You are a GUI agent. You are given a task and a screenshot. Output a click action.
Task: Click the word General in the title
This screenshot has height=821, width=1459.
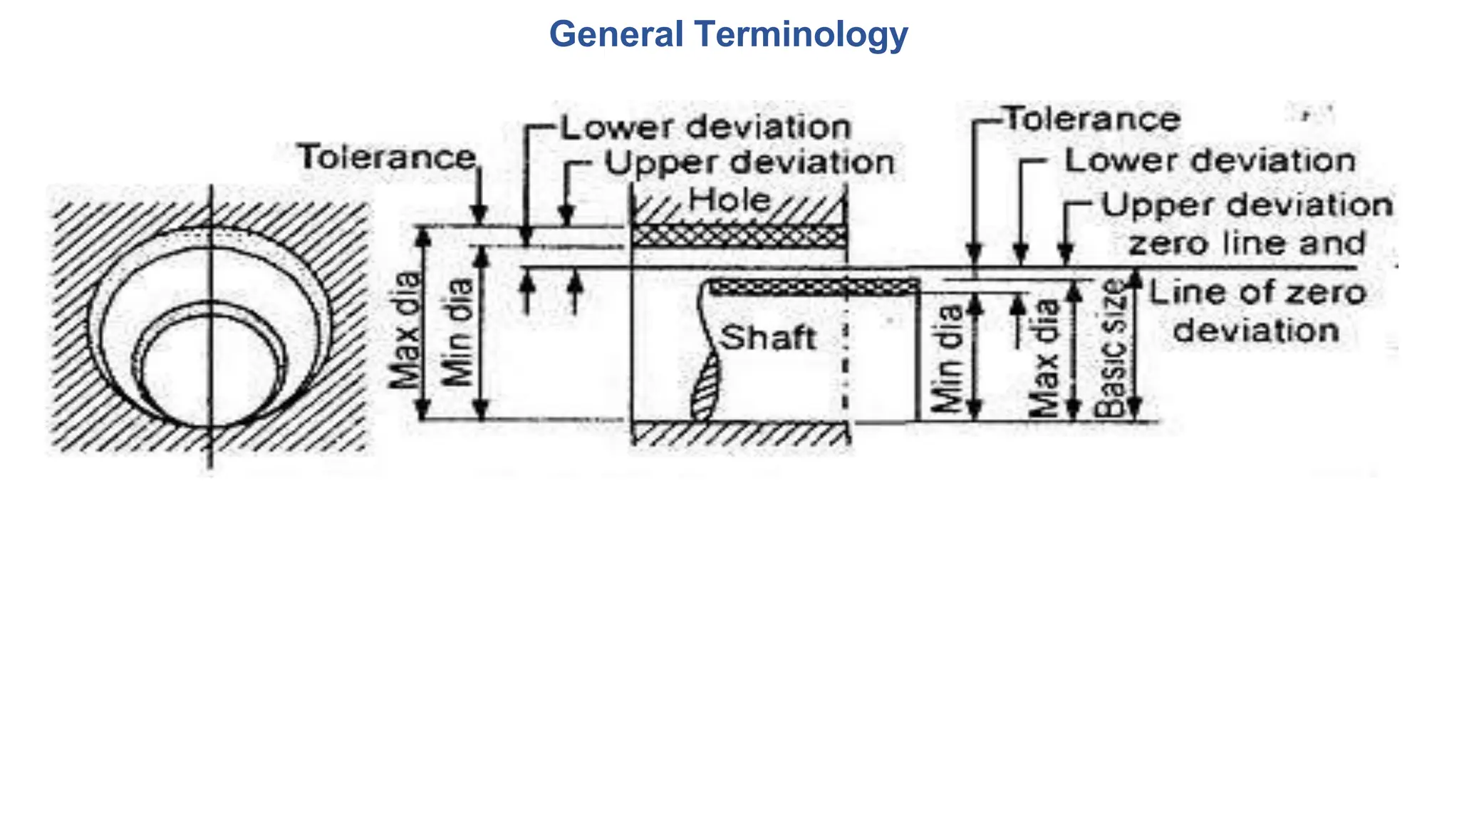coord(616,34)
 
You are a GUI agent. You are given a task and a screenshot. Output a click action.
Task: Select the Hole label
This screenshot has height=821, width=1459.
coord(729,200)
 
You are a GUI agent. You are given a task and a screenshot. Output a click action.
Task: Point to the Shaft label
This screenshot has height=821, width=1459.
coord(768,337)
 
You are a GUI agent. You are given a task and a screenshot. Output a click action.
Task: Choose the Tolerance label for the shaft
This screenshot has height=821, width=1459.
coord(1092,119)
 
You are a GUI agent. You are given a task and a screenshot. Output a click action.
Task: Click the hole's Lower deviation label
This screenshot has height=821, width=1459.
coord(706,128)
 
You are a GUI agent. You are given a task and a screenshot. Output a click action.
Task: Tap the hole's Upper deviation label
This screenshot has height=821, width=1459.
coord(749,163)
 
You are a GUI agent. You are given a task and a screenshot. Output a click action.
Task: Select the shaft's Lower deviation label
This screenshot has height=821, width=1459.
coord(1210,160)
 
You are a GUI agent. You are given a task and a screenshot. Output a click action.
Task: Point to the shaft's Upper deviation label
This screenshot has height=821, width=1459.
coord(1247,205)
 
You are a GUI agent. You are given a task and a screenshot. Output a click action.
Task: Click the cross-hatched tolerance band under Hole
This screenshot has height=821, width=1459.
coord(739,236)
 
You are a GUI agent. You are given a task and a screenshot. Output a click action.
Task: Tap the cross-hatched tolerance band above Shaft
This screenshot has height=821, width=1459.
coord(814,287)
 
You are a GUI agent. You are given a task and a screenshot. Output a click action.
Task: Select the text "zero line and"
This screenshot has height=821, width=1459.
coord(1247,244)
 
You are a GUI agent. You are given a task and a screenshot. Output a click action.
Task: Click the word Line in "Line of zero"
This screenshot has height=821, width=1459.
coord(1175,293)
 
